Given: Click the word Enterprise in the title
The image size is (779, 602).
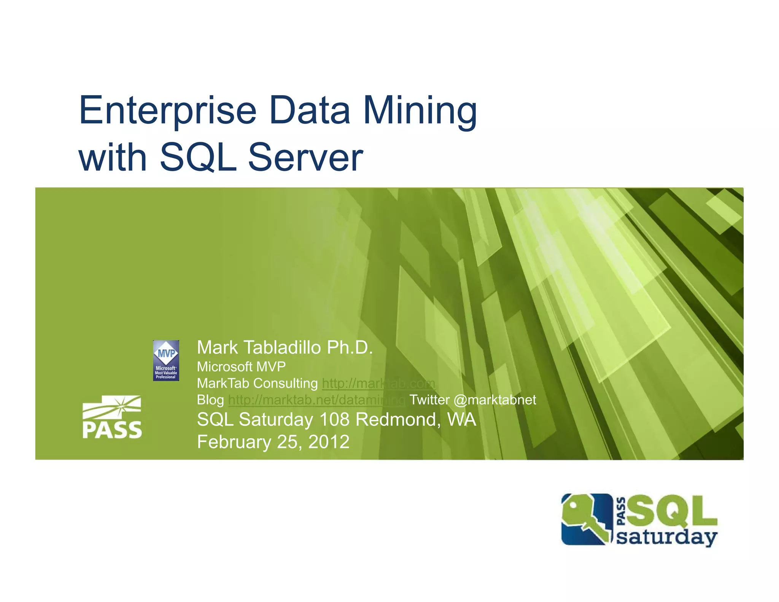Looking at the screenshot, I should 168,111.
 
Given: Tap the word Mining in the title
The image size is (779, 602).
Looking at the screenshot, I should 420,111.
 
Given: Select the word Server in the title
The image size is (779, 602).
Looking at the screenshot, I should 305,157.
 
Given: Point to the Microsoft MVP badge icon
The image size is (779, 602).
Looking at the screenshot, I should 166,360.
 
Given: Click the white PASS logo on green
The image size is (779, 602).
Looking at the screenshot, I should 112,417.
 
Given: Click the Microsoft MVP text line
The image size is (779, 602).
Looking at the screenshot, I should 241,366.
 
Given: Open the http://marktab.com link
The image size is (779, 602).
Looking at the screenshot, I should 378,383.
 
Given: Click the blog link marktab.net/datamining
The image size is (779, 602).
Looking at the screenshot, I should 316,400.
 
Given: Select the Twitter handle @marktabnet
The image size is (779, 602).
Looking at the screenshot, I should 495,400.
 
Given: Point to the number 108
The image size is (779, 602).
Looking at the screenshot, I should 334,419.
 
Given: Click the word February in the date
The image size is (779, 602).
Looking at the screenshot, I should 234,442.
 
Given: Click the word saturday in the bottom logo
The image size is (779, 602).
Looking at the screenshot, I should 666,538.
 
